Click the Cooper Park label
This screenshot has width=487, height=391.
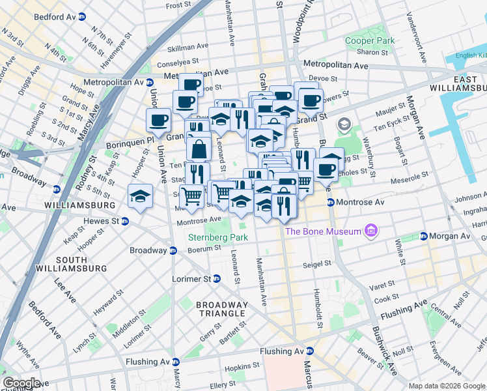pos(370,40)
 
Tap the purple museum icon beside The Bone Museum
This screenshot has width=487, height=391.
pos(371,231)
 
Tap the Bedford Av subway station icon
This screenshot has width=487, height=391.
pos(82,16)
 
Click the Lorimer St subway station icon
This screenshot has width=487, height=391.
pos(216,278)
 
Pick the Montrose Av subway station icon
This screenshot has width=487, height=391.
pos(331,202)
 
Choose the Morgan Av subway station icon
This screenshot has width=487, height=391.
pos(423,235)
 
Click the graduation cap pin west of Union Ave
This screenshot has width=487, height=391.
pos(140,196)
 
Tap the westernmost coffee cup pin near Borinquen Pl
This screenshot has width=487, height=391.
pos(158,120)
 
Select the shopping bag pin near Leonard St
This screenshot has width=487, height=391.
pos(199,149)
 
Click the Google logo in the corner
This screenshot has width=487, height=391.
pos(21,383)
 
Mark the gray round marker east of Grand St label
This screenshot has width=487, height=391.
pos(343,124)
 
